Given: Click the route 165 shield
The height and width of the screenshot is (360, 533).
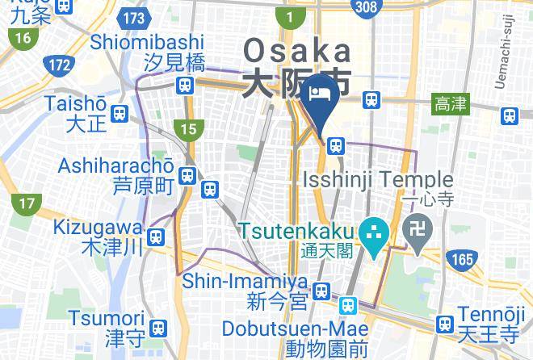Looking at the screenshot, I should click(x=461, y=259).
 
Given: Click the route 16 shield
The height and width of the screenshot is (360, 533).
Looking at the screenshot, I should click(x=22, y=38).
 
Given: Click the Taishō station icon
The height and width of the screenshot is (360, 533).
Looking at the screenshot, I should click(x=120, y=114).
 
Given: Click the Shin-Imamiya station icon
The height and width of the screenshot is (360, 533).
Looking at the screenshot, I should click(x=322, y=290).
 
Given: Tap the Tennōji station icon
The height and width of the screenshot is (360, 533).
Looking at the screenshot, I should click(x=443, y=324).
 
